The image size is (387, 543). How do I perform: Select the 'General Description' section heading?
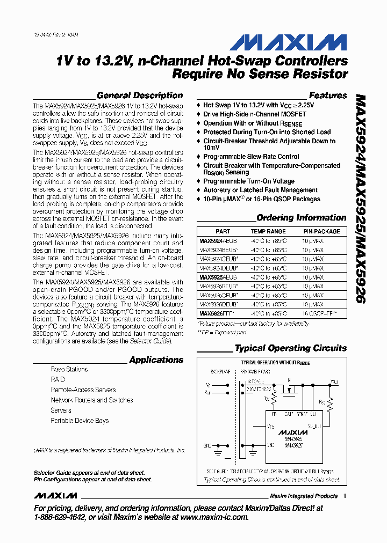[x=140, y=96]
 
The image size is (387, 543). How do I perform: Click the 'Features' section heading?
[x=328, y=96]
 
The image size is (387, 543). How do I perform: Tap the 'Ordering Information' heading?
[x=301, y=218]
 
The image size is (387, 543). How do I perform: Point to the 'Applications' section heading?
[x=156, y=360]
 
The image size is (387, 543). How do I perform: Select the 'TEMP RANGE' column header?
[x=268, y=231]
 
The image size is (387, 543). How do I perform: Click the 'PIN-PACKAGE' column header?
[x=321, y=231]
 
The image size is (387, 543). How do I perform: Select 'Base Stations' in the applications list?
[x=69, y=370]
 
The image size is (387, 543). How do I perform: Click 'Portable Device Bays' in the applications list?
[x=80, y=421]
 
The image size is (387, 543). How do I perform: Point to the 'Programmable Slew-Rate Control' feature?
[x=251, y=157]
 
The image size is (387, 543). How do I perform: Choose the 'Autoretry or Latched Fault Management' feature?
[x=260, y=190]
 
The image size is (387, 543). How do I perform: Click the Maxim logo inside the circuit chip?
[x=293, y=432]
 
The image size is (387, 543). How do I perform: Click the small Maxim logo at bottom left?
[x=52, y=496]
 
